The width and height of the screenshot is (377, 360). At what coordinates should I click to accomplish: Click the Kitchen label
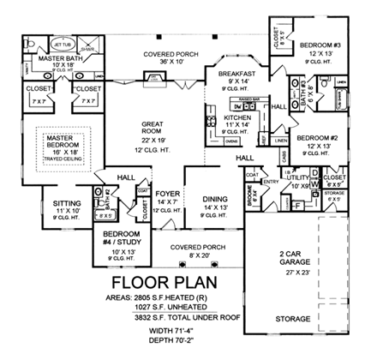click(x=232, y=119)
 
